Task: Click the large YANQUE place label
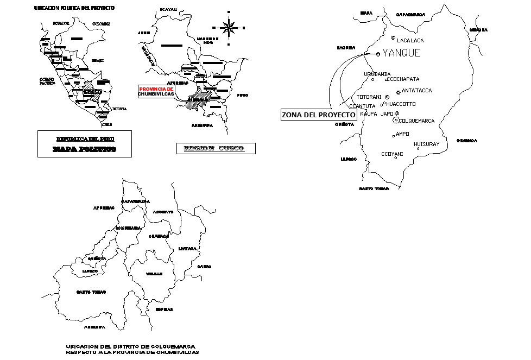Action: [401, 53]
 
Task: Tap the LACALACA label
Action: [410, 41]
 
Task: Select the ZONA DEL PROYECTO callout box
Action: [319, 115]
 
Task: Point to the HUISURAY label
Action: [426, 144]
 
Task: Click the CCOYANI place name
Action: [392, 154]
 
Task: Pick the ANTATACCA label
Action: [417, 91]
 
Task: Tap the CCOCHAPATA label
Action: [403, 79]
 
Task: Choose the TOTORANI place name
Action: [369, 97]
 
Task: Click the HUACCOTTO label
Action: [401, 104]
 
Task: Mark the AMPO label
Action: [402, 134]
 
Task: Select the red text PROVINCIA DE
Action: [156, 89]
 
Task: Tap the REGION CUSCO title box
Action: [216, 148]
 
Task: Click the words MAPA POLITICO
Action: [84, 149]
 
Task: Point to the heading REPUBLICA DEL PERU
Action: [85, 138]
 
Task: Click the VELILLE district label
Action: [154, 274]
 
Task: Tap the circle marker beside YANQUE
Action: [378, 54]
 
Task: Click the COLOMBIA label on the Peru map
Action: [102, 24]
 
